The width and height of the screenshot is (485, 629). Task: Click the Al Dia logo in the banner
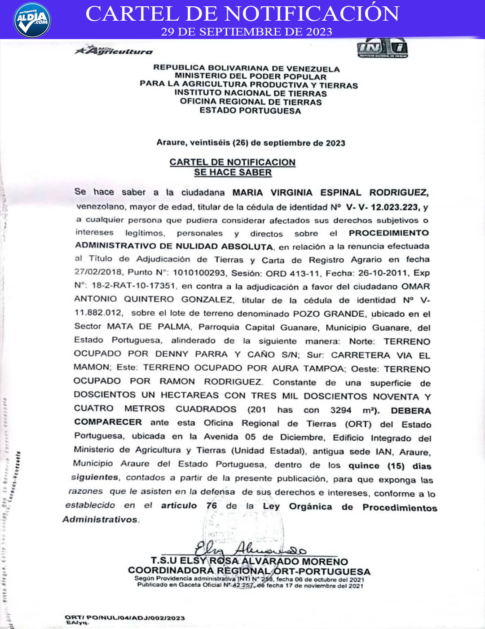(32, 20)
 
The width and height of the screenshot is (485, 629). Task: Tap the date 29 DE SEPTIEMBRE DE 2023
(247, 32)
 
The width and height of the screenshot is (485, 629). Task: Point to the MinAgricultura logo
(114, 50)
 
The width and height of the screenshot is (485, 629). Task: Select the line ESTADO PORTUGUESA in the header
(250, 111)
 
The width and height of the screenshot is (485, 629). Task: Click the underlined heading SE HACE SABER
(233, 173)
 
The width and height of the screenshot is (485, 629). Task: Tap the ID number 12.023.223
(395, 207)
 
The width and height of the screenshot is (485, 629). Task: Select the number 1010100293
(198, 273)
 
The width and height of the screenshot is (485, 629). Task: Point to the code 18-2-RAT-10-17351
(133, 286)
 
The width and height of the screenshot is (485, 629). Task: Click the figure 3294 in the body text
(340, 410)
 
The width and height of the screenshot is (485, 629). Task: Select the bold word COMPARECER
(108, 422)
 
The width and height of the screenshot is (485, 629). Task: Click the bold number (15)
(396, 466)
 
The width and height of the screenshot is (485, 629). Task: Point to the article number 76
(212, 505)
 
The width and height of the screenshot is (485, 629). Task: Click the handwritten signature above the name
(249, 548)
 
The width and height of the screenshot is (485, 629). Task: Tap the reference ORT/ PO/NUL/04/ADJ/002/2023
(124, 618)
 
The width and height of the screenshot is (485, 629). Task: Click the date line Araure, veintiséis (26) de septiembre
(250, 143)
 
